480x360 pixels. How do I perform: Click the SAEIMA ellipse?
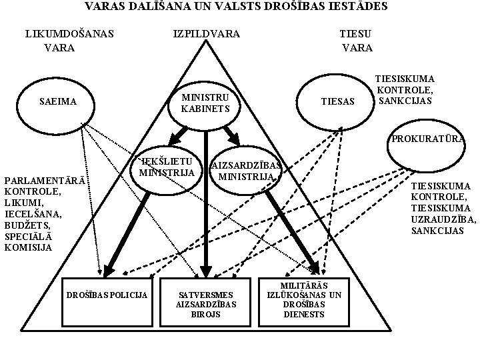pos(59,102)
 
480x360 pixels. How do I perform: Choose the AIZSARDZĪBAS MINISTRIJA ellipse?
pos(247,171)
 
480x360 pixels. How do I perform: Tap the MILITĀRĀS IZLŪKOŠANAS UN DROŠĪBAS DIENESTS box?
pos(304,300)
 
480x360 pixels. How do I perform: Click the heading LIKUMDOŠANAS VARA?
pos(69,40)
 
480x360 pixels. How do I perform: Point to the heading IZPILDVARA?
pos(206,33)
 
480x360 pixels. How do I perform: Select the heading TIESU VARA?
pos(357,40)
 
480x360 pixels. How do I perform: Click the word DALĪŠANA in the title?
pos(154,7)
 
